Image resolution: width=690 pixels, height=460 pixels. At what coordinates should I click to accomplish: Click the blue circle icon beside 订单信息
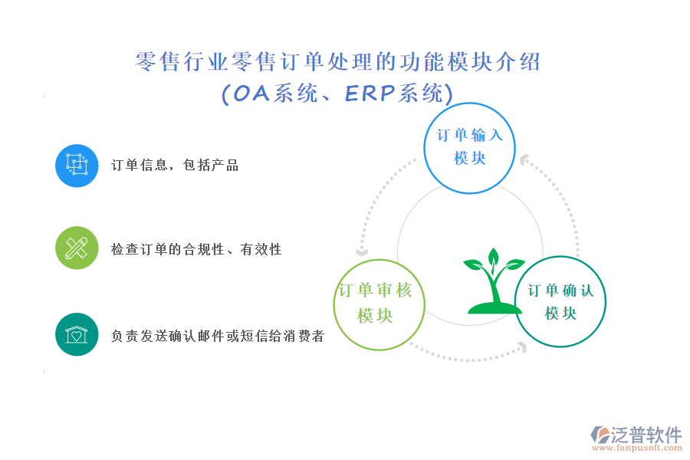[x=77, y=166]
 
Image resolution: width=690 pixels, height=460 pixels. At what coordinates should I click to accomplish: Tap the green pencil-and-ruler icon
[x=77, y=248]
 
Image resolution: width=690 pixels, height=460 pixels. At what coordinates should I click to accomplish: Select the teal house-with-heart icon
[x=77, y=334]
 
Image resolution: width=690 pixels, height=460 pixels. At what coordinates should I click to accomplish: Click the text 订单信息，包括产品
[x=175, y=165]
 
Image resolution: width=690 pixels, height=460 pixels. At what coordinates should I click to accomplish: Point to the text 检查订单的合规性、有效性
[x=196, y=249]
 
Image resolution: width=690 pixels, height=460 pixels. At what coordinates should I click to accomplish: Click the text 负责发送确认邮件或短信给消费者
[x=218, y=336]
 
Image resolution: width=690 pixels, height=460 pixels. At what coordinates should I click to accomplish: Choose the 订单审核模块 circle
[x=379, y=260]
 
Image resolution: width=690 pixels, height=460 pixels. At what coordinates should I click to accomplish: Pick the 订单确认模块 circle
[x=560, y=256]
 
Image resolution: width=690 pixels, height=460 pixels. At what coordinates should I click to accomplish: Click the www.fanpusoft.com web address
[x=637, y=448]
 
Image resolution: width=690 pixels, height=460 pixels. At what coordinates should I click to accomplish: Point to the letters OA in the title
[x=251, y=94]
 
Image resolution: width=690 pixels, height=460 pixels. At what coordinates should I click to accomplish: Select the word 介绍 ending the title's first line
[x=518, y=61]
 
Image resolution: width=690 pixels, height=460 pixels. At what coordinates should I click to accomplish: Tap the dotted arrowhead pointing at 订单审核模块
[x=362, y=252]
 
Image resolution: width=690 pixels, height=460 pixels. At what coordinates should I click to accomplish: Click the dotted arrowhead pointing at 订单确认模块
[x=523, y=347]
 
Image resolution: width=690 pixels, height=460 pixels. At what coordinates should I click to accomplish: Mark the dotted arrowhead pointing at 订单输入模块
[x=524, y=159]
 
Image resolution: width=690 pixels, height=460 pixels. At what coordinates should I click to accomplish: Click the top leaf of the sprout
[x=494, y=256]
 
